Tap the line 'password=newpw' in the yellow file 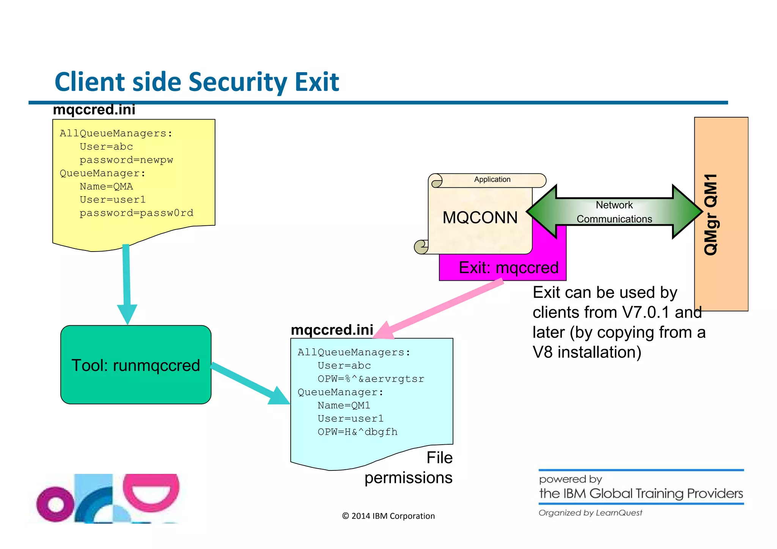[x=126, y=160]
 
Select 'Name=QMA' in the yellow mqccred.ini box [x=106, y=186]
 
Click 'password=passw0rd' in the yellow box [x=136, y=213]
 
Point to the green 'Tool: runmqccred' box [x=135, y=365]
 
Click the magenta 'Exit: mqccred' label [x=508, y=268]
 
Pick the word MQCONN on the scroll [x=480, y=218]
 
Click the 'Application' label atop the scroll [x=492, y=179]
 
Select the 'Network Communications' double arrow [x=614, y=212]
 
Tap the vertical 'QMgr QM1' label [x=711, y=214]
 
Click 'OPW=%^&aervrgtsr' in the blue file [x=371, y=379]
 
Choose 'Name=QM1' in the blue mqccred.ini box [x=344, y=405]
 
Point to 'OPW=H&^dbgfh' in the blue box [x=357, y=432]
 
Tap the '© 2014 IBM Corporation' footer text [x=388, y=516]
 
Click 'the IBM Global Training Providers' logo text [x=641, y=493]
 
